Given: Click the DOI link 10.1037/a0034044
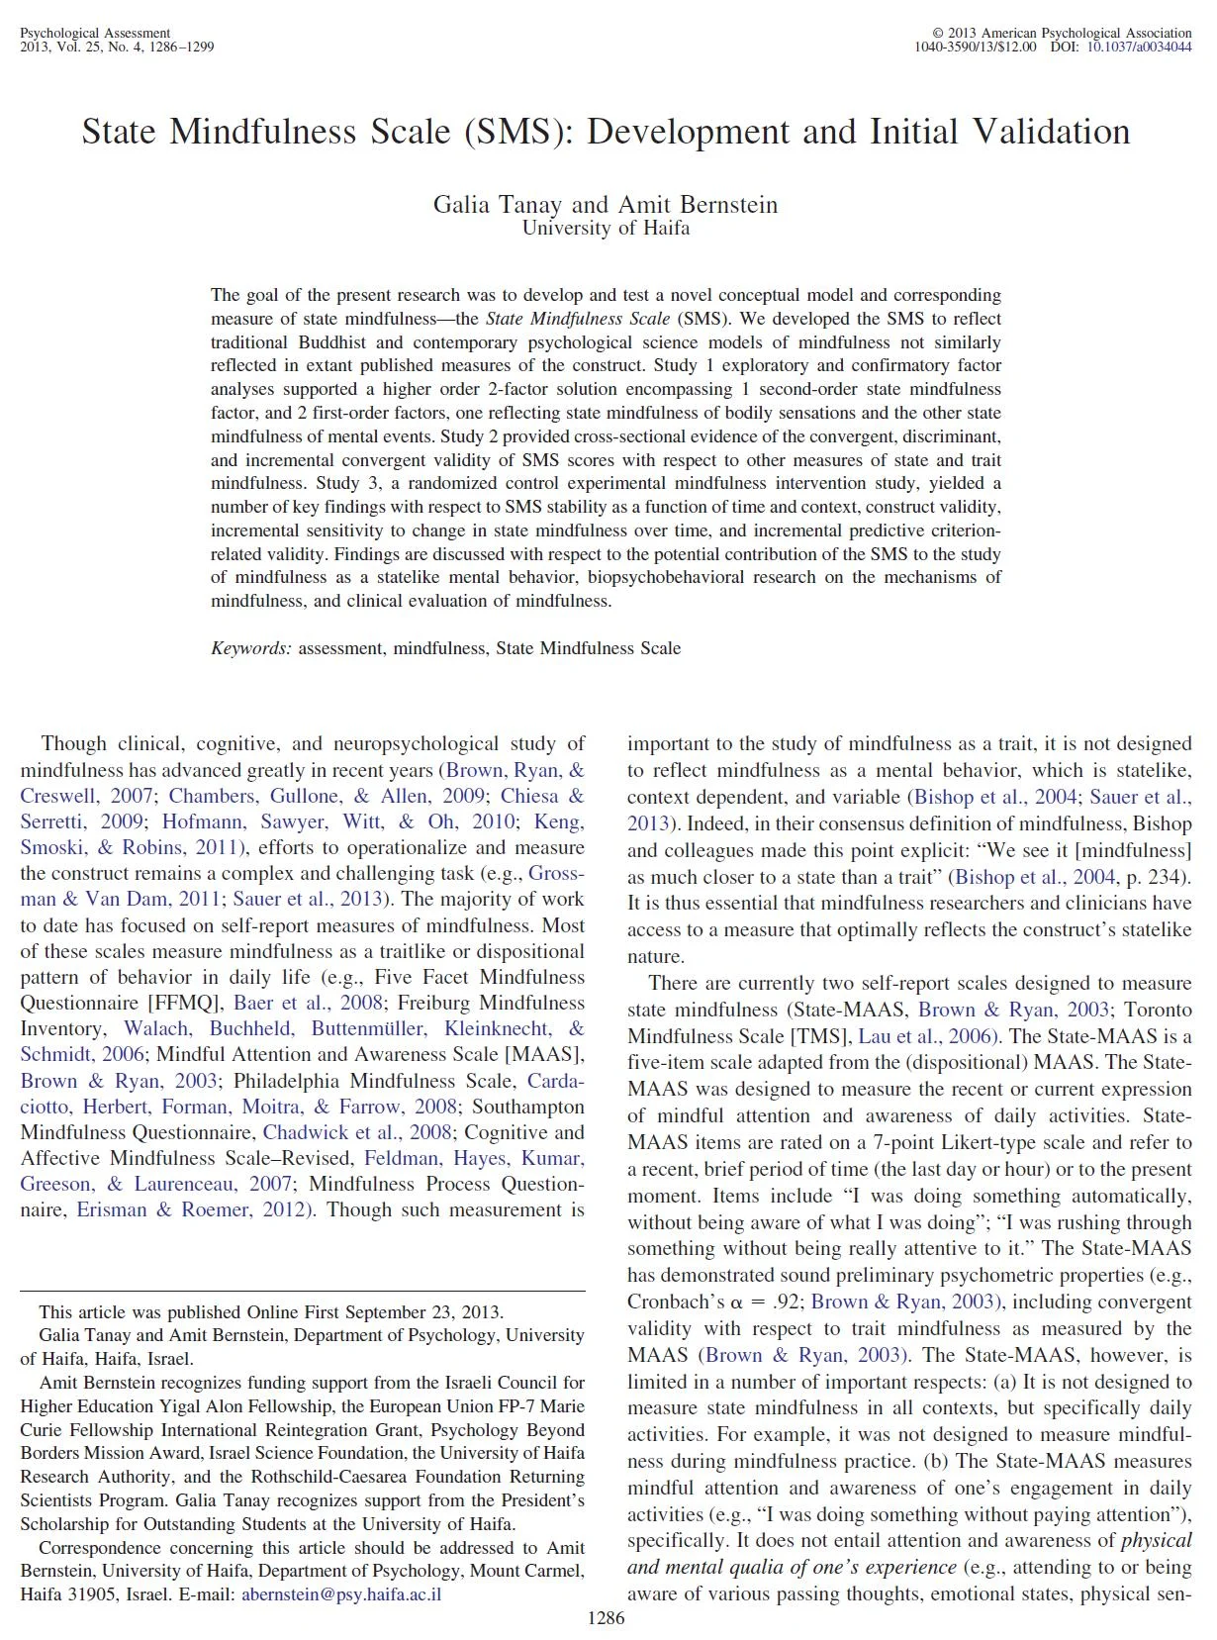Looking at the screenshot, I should (1139, 47).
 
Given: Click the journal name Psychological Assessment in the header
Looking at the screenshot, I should (95, 33).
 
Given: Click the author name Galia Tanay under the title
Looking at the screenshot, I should (498, 205).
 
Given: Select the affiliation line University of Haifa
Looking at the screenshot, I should (606, 228).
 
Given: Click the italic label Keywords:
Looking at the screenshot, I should (251, 648).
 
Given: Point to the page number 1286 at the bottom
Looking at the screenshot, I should (606, 1618).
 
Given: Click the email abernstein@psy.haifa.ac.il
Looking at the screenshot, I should (341, 1594).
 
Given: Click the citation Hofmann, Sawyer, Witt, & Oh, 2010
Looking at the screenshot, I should (338, 821).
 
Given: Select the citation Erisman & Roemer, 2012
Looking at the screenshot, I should (194, 1209).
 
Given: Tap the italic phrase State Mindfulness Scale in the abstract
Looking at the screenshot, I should (578, 319).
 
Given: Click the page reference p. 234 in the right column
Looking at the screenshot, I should (1154, 876).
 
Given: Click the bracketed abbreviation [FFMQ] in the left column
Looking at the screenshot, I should (176, 1003).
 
